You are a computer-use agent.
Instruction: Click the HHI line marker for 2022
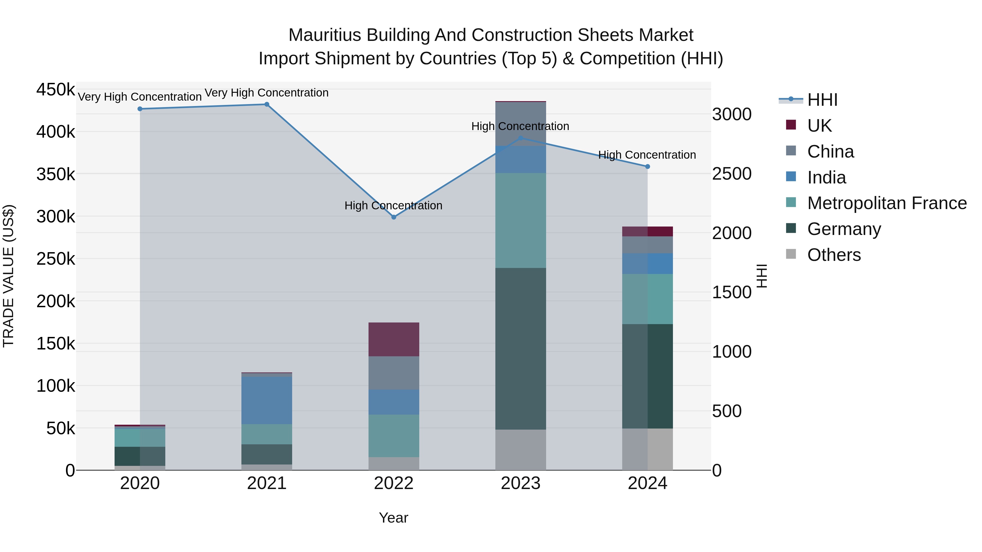[394, 217]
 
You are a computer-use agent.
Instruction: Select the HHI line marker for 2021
[267, 104]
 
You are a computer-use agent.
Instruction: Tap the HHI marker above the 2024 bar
[647, 167]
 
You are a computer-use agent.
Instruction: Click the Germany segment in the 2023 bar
[520, 349]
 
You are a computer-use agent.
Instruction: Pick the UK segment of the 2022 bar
[394, 339]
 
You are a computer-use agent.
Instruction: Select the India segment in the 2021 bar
[267, 400]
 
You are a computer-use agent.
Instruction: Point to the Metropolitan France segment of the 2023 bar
[520, 220]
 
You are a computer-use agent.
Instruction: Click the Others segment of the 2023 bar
[520, 450]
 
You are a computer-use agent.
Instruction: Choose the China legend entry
[830, 152]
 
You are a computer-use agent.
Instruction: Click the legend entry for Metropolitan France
[887, 203]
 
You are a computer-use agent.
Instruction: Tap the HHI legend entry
[822, 100]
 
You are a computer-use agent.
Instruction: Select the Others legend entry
[834, 255]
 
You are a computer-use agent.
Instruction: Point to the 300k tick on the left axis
[56, 217]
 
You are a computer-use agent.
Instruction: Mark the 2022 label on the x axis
[394, 483]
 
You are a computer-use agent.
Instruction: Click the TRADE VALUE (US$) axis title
[8, 276]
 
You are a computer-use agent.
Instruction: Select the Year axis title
[393, 518]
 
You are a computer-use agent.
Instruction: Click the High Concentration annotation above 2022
[393, 206]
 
